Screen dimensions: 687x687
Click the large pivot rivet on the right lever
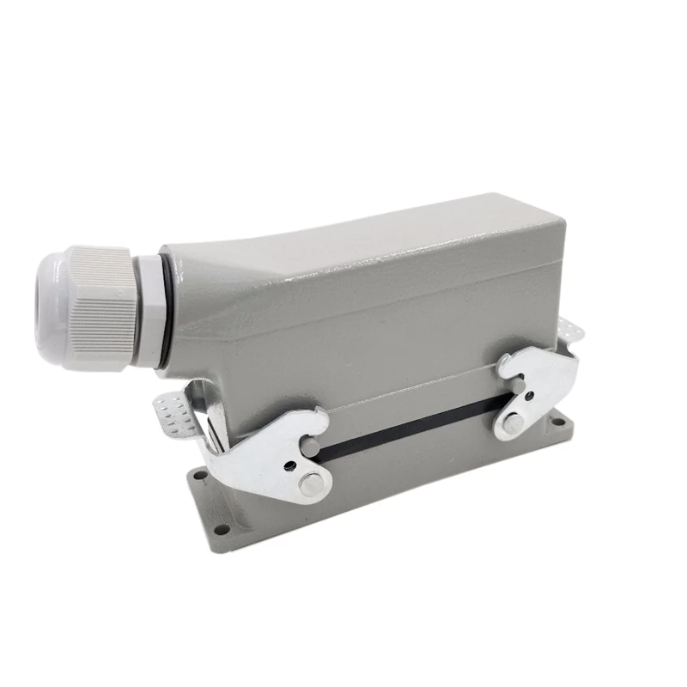click(513, 423)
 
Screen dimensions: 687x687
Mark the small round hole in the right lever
click(530, 394)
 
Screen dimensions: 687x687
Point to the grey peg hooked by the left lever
click(316, 451)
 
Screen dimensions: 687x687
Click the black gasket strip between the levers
click(412, 425)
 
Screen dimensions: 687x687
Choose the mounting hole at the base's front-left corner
click(224, 531)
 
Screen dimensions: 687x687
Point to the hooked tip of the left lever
click(319, 422)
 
